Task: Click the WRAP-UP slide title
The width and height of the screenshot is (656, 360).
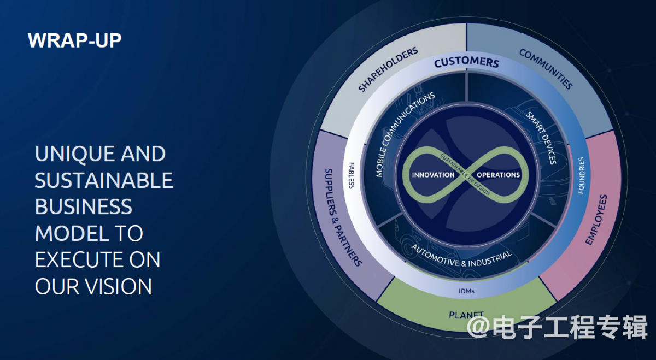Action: tap(74, 40)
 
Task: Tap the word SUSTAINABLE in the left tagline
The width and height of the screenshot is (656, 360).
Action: tap(104, 180)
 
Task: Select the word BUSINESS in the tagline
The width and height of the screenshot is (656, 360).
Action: tap(84, 206)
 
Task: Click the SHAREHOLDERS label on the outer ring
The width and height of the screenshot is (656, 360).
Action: tap(388, 70)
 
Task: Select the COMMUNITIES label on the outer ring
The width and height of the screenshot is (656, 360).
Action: tap(546, 69)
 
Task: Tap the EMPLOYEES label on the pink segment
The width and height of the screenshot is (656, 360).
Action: tap(596, 220)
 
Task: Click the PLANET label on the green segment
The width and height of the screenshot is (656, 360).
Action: tap(466, 315)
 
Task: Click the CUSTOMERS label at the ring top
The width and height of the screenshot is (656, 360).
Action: tap(466, 62)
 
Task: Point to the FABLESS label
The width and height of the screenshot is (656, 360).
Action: tap(352, 175)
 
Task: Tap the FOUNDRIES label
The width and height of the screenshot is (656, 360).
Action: tap(581, 175)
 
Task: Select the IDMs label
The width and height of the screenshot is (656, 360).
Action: tap(466, 291)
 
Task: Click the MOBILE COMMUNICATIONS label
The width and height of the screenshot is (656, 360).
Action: tap(405, 134)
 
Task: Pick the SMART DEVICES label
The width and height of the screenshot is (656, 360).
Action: tap(541, 138)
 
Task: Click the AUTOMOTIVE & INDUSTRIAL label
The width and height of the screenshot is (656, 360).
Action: tap(461, 256)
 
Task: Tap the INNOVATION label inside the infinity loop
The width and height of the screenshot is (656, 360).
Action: tap(433, 175)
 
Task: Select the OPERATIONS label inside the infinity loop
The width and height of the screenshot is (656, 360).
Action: tap(499, 175)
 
